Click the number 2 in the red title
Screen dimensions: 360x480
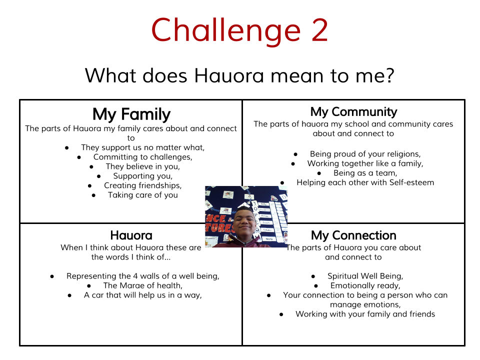click(x=316, y=30)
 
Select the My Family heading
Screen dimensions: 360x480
click(x=131, y=114)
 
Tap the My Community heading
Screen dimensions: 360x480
click(x=353, y=111)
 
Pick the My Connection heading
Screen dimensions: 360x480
click(x=353, y=235)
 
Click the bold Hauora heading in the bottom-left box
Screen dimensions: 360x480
click(x=131, y=235)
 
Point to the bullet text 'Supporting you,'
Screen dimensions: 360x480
click(x=142, y=176)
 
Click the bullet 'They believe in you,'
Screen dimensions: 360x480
click(x=142, y=166)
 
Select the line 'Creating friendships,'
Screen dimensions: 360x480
click(x=142, y=185)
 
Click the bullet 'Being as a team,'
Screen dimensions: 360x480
click(x=365, y=173)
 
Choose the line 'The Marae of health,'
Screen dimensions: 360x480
click(x=142, y=285)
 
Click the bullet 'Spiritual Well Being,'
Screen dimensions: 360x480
click(x=365, y=276)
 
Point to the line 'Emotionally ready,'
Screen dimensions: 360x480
click(x=365, y=285)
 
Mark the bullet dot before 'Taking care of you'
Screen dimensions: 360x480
click(x=94, y=195)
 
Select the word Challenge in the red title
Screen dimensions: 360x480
click(x=226, y=30)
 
